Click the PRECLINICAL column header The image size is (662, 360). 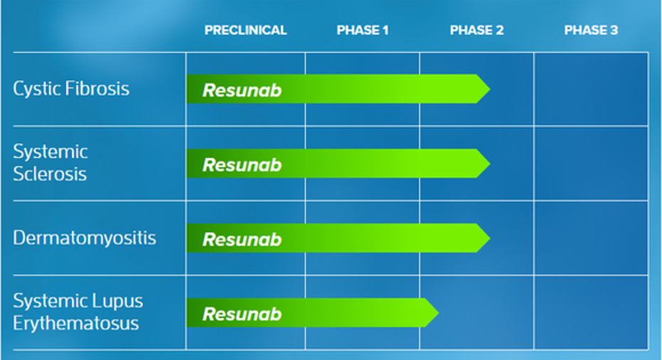[x=245, y=30]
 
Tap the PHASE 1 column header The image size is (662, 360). [x=362, y=30]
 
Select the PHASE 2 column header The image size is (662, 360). [x=476, y=30]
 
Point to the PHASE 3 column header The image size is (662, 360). [x=591, y=30]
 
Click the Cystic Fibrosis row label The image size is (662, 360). [x=71, y=89]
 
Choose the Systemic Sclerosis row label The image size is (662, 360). [x=50, y=163]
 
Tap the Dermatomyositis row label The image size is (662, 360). [x=85, y=238]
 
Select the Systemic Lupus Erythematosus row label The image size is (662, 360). [x=78, y=312]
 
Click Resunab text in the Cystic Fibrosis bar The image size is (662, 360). [x=242, y=90]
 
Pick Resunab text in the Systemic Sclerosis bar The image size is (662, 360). [x=242, y=165]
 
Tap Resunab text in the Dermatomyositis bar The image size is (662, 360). [x=242, y=240]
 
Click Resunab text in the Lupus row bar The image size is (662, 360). [x=242, y=314]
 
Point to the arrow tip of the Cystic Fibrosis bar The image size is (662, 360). [x=490, y=89]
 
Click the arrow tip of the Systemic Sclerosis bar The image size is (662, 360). [x=490, y=164]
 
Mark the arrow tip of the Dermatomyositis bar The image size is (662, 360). [x=490, y=238]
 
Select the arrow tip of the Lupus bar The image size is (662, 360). [x=439, y=312]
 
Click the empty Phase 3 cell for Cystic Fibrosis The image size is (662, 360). [x=591, y=89]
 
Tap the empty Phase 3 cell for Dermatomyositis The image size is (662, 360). [x=591, y=238]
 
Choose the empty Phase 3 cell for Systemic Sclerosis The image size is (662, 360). [x=591, y=164]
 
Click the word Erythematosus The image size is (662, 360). [x=76, y=323]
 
